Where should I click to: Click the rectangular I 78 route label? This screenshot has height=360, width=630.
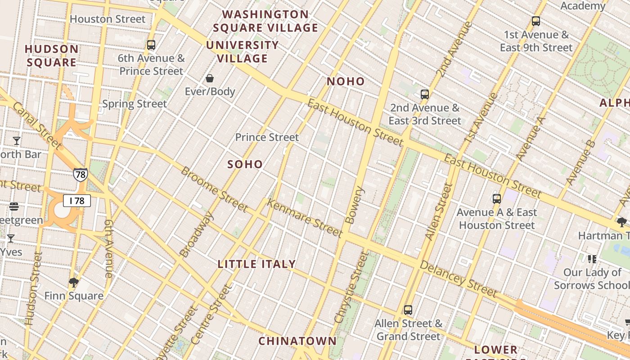77,201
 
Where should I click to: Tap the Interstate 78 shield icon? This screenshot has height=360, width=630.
80,175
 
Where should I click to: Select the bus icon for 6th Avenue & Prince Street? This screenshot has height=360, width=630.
151,45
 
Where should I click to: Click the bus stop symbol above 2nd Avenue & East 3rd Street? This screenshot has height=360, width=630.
425,94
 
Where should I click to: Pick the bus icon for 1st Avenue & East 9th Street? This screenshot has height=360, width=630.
535,21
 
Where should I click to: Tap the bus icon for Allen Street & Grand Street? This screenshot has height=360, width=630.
408,310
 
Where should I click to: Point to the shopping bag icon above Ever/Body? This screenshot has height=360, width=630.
210,79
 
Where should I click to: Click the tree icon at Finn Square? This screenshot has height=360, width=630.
74,283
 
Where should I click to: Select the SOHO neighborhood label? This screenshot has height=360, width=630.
245,164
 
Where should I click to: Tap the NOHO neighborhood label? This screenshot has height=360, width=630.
346,81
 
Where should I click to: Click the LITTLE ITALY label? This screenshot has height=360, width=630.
257,264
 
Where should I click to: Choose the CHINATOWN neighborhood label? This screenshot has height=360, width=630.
297,341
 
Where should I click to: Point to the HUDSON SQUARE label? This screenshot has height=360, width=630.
52,56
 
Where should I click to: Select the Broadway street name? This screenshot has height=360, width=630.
196,234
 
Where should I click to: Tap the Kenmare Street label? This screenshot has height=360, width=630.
305,218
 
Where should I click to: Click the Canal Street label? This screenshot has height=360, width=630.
37,126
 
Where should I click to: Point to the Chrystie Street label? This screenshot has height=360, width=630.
351,287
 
